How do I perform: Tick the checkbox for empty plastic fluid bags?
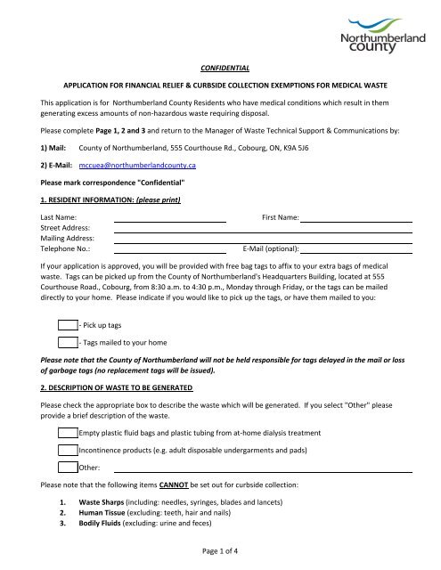coord(67,433)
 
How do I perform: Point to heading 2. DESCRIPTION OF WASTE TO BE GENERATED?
coord(124,388)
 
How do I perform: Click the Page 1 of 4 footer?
coord(221,557)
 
